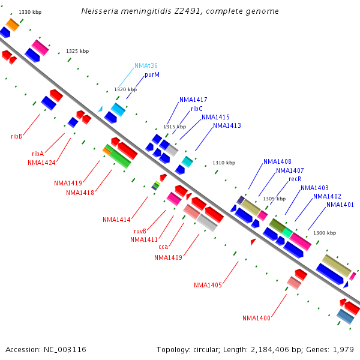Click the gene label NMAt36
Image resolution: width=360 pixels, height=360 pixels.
[x=146, y=65]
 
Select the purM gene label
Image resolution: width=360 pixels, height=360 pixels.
[x=152, y=75]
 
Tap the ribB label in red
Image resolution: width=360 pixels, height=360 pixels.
[x=16, y=136]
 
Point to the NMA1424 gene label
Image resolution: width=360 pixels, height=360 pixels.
[x=41, y=163]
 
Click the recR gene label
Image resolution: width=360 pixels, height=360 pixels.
[x=295, y=179]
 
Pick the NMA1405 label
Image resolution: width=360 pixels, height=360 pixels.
[x=208, y=285]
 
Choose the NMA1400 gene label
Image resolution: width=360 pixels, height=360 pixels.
[x=256, y=318]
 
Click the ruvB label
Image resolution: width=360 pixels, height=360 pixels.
[x=140, y=231]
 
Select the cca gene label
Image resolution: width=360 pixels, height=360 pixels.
[x=163, y=247]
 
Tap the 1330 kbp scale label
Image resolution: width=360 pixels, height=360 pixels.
[x=30, y=12]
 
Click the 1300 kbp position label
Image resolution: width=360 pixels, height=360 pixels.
[x=325, y=233]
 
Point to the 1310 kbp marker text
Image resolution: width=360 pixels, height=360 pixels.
[x=224, y=163]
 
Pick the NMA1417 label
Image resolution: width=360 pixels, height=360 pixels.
[x=193, y=100]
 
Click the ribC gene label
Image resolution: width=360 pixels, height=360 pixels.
[x=197, y=109]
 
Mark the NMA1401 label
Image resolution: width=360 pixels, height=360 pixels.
[x=340, y=205]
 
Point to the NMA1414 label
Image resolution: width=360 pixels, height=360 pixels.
[x=116, y=220]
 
